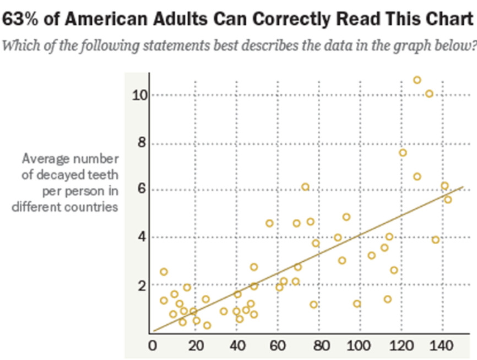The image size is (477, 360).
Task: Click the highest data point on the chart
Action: point(417,80)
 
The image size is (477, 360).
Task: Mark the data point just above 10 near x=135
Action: point(429,94)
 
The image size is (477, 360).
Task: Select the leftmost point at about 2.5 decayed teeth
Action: point(164,272)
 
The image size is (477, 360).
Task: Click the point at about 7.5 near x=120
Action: point(403,153)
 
